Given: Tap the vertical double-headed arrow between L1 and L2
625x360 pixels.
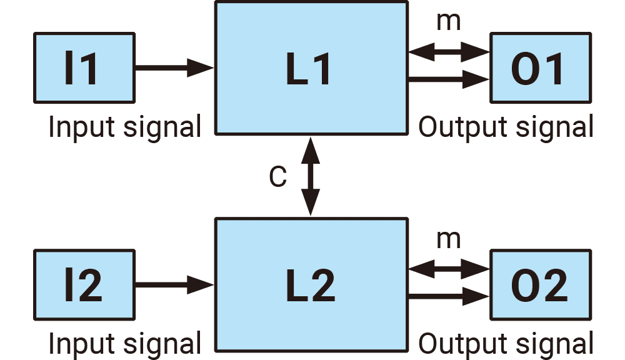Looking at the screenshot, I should pos(310,176).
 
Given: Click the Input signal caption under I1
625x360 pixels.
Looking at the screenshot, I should pos(125,127).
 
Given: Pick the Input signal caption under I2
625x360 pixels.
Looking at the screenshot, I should pos(125,344).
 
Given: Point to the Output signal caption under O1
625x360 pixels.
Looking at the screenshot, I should pos(505,127).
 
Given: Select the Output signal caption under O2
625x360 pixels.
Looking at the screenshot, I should pos(505,344).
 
